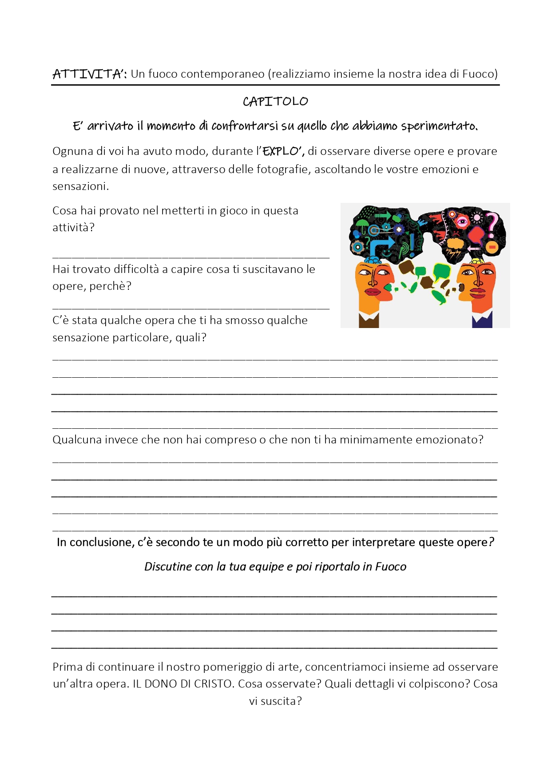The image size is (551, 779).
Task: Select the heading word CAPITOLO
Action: [275, 102]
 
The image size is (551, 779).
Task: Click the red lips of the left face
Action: [372, 291]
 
